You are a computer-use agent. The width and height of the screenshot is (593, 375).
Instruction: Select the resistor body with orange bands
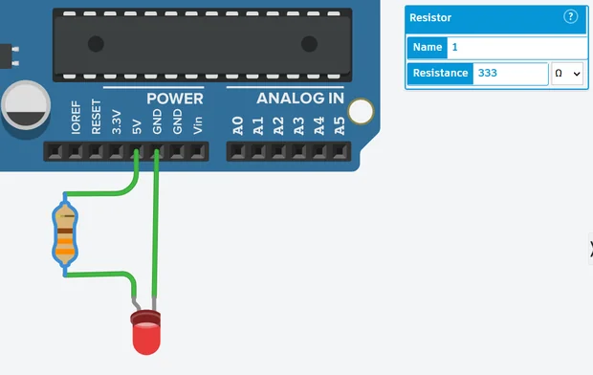point(64,234)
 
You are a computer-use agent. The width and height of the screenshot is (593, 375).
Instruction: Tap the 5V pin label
point(137,125)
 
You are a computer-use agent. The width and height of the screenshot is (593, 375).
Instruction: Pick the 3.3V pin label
point(116,121)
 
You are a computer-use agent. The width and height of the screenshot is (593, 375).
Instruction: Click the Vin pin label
point(198,124)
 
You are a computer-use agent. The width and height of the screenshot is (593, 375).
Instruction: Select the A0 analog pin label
point(237,124)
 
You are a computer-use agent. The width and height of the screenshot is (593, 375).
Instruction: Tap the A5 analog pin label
point(339,124)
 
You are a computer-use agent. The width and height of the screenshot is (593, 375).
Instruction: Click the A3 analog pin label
point(298,124)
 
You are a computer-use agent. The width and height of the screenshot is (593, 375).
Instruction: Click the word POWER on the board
point(174,99)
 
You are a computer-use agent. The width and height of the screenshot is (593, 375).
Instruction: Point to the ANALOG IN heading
point(299,99)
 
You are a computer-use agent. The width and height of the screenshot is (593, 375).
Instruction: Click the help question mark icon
point(571,17)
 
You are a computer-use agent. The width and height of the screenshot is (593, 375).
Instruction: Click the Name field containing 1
point(516,47)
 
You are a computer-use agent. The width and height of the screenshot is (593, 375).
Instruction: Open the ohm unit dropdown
point(566,74)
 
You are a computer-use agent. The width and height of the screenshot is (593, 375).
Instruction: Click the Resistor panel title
point(430,17)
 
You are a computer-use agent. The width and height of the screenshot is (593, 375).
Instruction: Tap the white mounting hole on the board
point(361,112)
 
